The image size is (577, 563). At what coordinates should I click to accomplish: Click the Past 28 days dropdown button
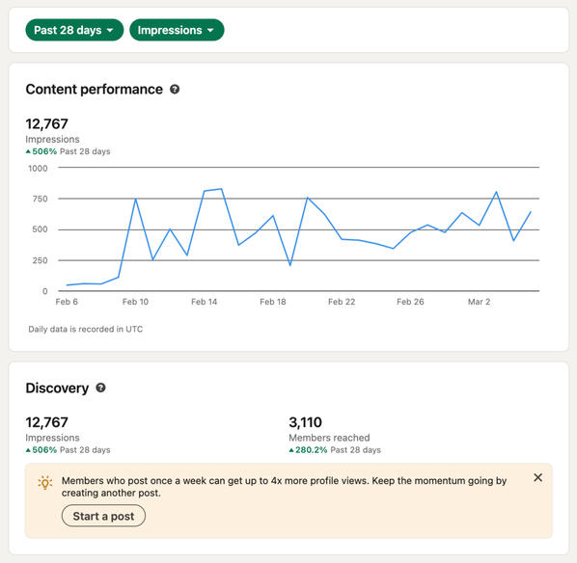click(x=74, y=30)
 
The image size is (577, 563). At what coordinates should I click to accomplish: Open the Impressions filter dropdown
click(x=177, y=30)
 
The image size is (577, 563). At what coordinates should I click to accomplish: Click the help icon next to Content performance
click(x=175, y=90)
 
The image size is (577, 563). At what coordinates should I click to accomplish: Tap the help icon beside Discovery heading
click(x=100, y=389)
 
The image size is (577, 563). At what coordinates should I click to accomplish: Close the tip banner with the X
click(x=537, y=478)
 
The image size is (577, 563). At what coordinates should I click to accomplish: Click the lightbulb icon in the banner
click(x=45, y=483)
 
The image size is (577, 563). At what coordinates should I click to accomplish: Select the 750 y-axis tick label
click(x=39, y=199)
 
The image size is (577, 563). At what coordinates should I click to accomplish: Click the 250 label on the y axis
click(x=39, y=260)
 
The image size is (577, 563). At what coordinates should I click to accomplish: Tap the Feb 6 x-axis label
click(x=67, y=302)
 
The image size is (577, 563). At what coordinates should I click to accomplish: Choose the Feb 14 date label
click(x=205, y=302)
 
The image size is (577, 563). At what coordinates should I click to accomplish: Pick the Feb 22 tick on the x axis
click(x=342, y=302)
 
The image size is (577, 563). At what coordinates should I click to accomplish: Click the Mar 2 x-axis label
click(x=480, y=302)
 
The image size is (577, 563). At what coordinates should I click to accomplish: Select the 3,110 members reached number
click(x=305, y=422)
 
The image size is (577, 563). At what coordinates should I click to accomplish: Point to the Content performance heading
click(x=94, y=90)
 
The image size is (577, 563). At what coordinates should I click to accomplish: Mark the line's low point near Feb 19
click(x=290, y=265)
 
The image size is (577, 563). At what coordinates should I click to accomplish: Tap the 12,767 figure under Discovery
click(x=46, y=422)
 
